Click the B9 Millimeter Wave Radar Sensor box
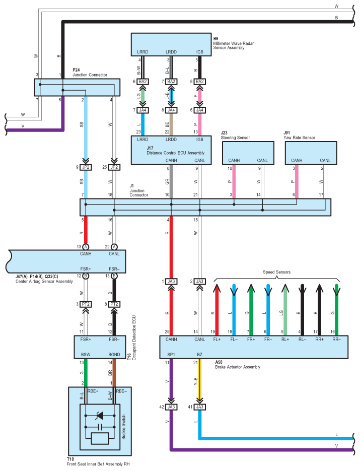click(x=171, y=44)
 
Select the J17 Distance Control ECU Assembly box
click(x=171, y=150)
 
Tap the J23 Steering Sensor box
click(x=248, y=153)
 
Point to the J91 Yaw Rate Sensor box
click(x=311, y=153)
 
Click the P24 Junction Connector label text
click(x=90, y=73)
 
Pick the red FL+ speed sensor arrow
click(x=217, y=310)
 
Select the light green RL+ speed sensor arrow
click(x=285, y=310)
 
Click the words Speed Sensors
click(x=276, y=272)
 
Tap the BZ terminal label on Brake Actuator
click(x=200, y=355)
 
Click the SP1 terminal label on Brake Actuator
click(x=171, y=355)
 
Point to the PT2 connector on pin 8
click(x=114, y=304)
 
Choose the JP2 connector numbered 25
click(x=114, y=167)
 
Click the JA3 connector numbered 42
click(x=171, y=407)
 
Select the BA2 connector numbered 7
click(x=171, y=82)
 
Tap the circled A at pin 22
click(x=114, y=247)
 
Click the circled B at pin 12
click(x=86, y=276)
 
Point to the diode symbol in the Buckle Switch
click(x=99, y=416)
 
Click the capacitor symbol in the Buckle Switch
click(x=100, y=427)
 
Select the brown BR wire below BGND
click(x=114, y=373)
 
